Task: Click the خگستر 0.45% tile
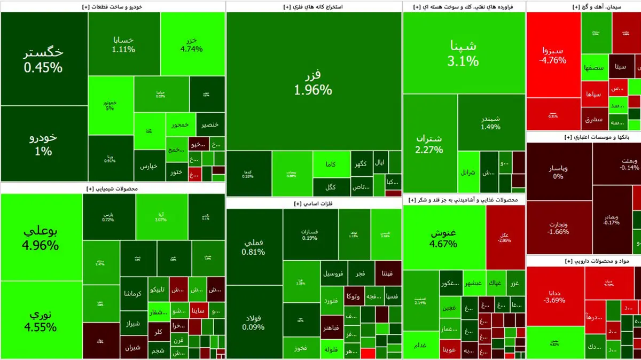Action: [x=44, y=59]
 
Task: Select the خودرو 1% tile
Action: [x=44, y=144]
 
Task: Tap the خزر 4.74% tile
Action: [x=192, y=44]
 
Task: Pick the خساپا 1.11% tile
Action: [x=123, y=44]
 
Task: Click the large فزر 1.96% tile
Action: [x=314, y=81]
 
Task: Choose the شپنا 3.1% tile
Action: [x=464, y=52]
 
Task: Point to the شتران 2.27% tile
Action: [x=430, y=143]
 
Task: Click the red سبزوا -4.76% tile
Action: [x=553, y=54]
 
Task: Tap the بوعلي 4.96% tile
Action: [x=41, y=238]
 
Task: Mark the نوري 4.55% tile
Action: [x=41, y=319]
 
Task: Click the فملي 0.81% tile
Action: [x=254, y=246]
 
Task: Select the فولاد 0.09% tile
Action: [x=254, y=322]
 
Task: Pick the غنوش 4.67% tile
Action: [x=444, y=238]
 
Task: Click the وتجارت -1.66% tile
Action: [x=558, y=228]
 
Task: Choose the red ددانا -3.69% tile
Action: [x=555, y=295]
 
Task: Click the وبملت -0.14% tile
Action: [x=616, y=163]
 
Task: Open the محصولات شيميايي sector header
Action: [x=112, y=189]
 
